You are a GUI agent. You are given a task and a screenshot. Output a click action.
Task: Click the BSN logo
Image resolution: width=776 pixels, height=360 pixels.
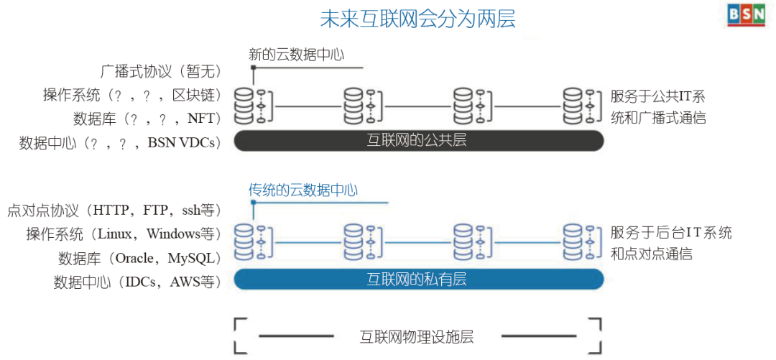pyautogui.click(x=744, y=16)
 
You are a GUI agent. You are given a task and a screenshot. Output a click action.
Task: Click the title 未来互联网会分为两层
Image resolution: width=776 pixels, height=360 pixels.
pyautogui.click(x=417, y=18)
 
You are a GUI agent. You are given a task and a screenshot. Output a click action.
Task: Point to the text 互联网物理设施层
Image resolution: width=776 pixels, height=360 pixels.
pyautogui.click(x=417, y=336)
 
